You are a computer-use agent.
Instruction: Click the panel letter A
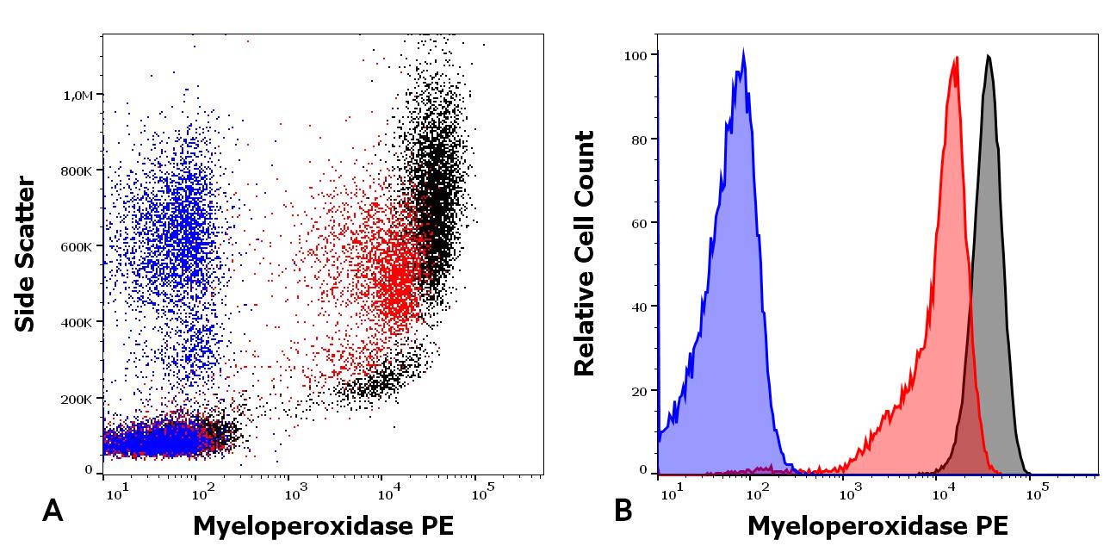[53, 512]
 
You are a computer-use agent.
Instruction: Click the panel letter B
[623, 512]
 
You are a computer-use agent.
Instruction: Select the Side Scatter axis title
[26, 254]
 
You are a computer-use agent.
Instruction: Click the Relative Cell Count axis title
[585, 254]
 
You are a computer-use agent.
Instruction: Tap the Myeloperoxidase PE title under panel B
[877, 525]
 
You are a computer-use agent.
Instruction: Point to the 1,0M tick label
[77, 96]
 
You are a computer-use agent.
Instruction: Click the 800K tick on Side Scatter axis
[77, 171]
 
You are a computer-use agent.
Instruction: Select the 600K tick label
[77, 247]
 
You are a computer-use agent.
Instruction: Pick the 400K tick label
[77, 323]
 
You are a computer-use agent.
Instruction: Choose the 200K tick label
[77, 400]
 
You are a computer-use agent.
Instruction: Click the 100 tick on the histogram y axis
[636, 55]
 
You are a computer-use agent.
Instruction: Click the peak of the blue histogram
[743, 50]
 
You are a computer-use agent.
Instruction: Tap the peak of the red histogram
[956, 59]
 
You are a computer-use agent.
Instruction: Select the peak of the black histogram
[989, 57]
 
